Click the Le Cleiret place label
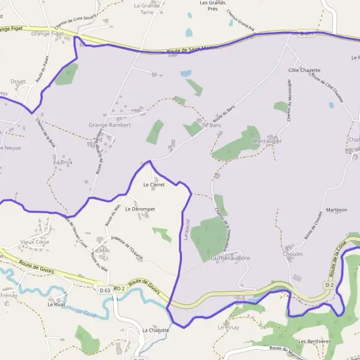point(154,185)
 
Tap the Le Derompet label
point(140,209)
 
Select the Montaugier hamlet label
point(267,141)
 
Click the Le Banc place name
point(212,125)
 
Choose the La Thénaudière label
point(230,258)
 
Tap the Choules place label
point(293,254)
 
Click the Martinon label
point(336,210)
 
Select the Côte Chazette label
point(304,70)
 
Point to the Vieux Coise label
point(35,242)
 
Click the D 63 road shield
point(104,290)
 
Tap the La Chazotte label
point(155,330)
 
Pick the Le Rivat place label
point(56,304)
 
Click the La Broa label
point(62,162)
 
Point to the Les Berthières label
point(314,341)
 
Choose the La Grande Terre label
point(147,8)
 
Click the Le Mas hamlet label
point(101,250)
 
